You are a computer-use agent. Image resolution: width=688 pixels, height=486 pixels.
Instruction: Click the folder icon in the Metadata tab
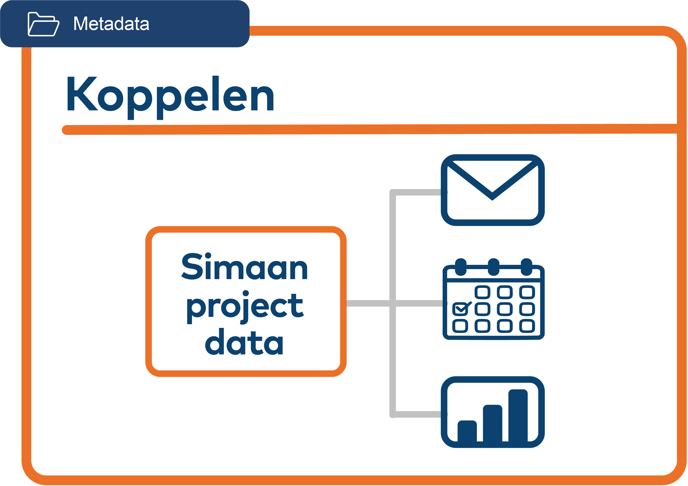(43, 24)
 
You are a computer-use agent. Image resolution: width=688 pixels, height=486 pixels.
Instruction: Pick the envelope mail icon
(492, 190)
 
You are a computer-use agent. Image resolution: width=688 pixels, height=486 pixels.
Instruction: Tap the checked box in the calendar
(460, 309)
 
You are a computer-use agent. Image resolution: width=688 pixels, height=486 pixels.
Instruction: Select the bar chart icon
(492, 412)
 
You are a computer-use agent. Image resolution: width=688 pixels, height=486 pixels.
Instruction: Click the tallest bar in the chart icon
(518, 415)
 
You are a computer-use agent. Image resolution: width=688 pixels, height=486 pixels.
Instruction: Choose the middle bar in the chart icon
(492, 423)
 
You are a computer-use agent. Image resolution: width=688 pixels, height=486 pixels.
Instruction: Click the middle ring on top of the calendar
(494, 266)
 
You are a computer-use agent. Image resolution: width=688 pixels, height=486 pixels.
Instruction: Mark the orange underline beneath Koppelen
(360, 130)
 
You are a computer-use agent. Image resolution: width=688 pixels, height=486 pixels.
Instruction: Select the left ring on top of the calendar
(461, 266)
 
